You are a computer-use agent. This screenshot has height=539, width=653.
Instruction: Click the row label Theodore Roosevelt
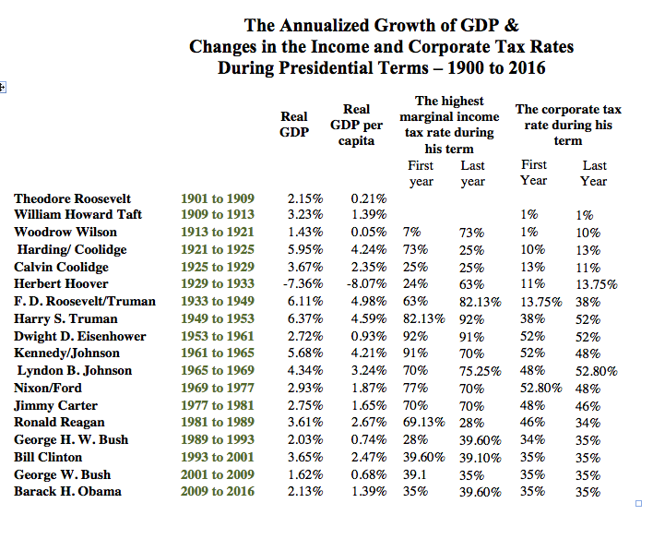pyautogui.click(x=73, y=198)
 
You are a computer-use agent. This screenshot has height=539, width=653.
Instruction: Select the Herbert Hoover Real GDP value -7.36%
pyautogui.click(x=303, y=284)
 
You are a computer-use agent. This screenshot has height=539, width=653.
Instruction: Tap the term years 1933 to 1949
pyautogui.click(x=217, y=301)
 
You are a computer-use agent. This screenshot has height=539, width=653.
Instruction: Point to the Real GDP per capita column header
pyautogui.click(x=356, y=126)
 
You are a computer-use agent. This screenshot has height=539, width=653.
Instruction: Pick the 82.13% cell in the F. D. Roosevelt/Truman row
pyautogui.click(x=480, y=302)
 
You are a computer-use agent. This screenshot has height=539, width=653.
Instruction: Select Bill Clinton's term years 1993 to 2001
pyautogui.click(x=217, y=457)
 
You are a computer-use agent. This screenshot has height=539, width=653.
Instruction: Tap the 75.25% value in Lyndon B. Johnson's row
pyautogui.click(x=480, y=371)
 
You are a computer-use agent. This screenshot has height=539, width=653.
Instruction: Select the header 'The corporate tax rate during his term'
pyautogui.click(x=567, y=125)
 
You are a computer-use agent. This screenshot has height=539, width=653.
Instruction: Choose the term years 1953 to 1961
pyautogui.click(x=217, y=336)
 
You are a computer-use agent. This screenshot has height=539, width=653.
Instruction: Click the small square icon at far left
pyautogui.click(x=3, y=88)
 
